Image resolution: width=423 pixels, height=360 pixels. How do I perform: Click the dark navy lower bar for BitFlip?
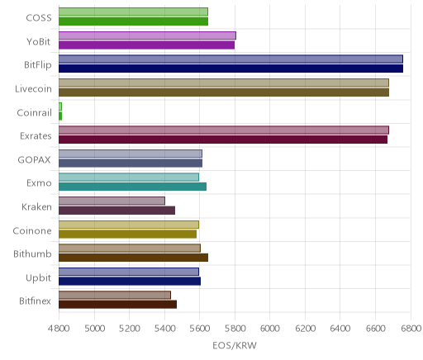pyautogui.click(x=231, y=69)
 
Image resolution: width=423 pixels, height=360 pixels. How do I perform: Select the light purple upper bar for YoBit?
pyautogui.click(x=147, y=36)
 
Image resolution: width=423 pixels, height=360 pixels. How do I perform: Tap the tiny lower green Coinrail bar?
pyautogui.click(x=60, y=116)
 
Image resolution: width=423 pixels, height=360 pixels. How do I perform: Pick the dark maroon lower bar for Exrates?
pyautogui.click(x=223, y=140)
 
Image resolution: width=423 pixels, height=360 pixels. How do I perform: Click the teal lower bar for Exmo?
pyautogui.click(x=132, y=187)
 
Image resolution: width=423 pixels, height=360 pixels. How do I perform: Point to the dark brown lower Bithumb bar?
pyautogui.click(x=133, y=258)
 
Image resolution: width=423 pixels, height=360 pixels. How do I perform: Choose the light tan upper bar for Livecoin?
pyautogui.click(x=224, y=83)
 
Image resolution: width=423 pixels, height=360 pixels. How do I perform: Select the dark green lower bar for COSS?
pyautogui.click(x=133, y=21)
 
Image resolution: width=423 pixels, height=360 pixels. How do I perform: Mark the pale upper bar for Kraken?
pyautogui.click(x=112, y=201)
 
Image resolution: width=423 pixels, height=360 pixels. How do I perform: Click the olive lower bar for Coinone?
pyautogui.click(x=127, y=234)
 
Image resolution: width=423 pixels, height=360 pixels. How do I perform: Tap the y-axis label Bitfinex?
pyautogui.click(x=35, y=301)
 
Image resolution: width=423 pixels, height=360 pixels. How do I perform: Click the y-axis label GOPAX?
pyautogui.click(x=34, y=159)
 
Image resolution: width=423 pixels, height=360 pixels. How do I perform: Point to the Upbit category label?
pyautogui.click(x=38, y=278)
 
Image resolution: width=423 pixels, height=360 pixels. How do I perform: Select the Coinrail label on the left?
pyautogui.click(x=34, y=112)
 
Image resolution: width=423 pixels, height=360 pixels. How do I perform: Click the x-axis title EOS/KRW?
pyautogui.click(x=235, y=345)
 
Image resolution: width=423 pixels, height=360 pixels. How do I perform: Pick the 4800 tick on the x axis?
pyautogui.click(x=59, y=329)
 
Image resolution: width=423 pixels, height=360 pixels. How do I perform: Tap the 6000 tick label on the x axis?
pyautogui.click(x=270, y=329)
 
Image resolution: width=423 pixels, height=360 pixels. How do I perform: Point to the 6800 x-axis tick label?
pyautogui.click(x=411, y=329)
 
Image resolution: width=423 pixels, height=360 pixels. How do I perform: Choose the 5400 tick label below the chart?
pyautogui.click(x=164, y=329)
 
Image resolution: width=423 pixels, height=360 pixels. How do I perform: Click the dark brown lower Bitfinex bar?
pyautogui.click(x=117, y=305)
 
